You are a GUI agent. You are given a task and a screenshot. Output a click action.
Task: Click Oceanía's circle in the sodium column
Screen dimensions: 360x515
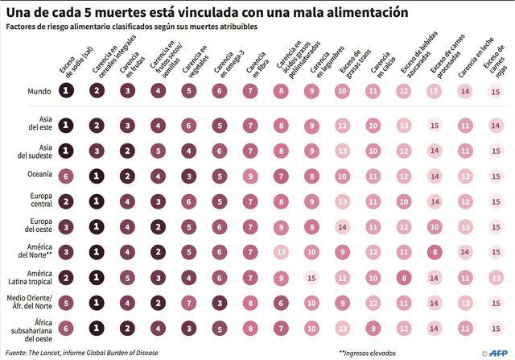[x=67, y=176]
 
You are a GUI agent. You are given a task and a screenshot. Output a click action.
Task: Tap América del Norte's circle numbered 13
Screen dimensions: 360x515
[x=281, y=252]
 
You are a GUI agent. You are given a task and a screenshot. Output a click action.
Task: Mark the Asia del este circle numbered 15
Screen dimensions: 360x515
[x=435, y=125]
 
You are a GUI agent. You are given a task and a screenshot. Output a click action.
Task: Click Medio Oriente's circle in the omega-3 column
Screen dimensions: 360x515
[x=220, y=303]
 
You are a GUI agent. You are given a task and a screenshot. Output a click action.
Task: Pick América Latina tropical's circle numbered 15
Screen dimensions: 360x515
[x=311, y=277]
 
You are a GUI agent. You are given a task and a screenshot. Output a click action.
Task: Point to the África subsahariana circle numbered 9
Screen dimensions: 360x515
[x=373, y=328]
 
